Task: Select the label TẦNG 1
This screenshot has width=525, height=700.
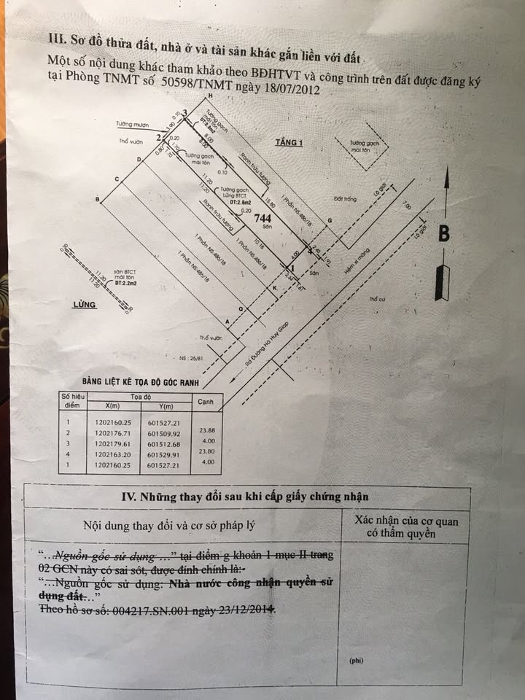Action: click(x=288, y=142)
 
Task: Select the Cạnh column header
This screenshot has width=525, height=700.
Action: click(x=206, y=400)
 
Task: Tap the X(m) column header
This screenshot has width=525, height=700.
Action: click(x=113, y=406)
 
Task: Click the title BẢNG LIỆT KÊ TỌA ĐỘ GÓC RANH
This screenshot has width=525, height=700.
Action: click(x=141, y=381)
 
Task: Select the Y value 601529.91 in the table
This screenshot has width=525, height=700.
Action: click(x=164, y=454)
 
